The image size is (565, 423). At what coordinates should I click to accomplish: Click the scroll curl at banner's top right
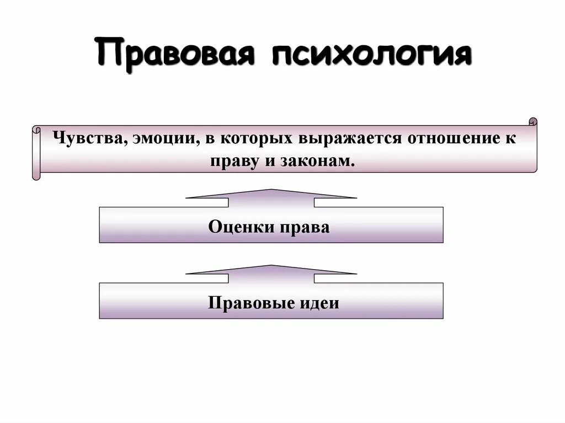click(532, 121)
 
